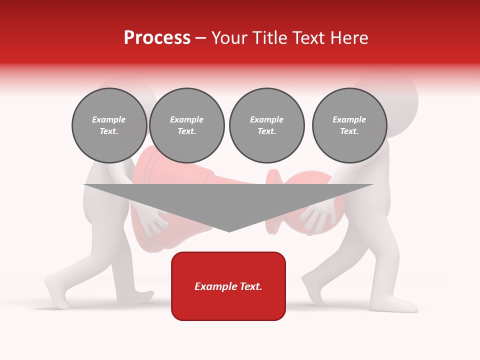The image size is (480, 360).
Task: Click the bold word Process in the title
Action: pos(157,38)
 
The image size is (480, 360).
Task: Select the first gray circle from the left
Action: pos(109,125)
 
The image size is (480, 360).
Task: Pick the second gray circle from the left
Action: pos(186,125)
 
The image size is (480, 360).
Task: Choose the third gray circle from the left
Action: pos(266,125)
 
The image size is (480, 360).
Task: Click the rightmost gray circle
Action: pos(349,125)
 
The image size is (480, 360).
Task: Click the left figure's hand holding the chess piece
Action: pos(153,221)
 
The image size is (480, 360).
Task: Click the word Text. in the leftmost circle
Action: pos(109,131)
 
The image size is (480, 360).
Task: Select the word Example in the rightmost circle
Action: pos(349,119)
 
